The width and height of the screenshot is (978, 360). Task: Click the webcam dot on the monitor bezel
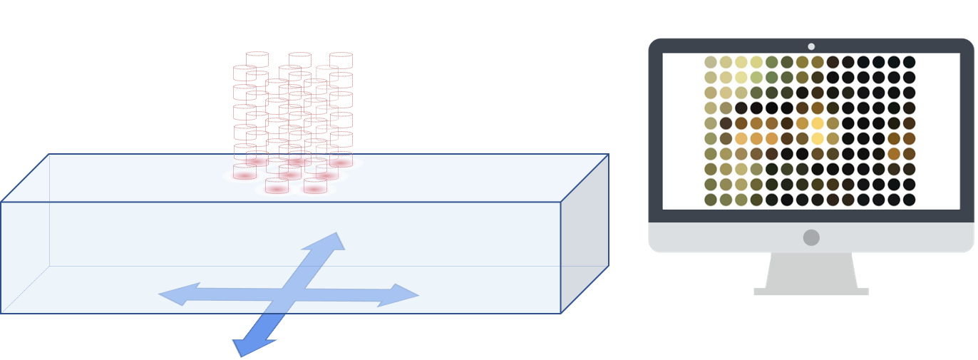[811, 46]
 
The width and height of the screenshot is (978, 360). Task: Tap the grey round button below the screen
[811, 237]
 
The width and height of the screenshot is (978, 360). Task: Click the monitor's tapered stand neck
[811, 270]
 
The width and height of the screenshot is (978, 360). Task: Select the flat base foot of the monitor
[811, 292]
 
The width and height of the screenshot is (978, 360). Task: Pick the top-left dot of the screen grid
[710, 62]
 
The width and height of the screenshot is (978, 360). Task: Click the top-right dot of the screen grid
[909, 62]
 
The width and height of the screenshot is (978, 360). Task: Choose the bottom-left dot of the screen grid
[710, 200]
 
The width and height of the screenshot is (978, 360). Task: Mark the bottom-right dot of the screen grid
[909, 200]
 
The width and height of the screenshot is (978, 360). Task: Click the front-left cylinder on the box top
[277, 186]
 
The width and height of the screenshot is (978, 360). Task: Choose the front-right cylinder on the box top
[315, 186]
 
